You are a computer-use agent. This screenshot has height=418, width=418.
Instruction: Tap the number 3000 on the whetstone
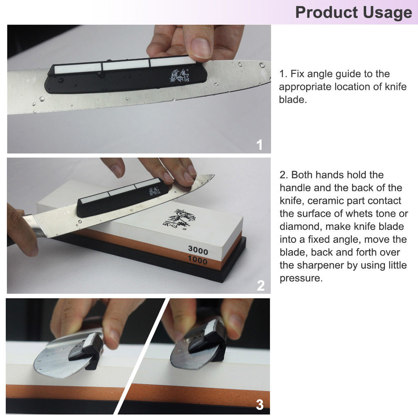click(x=198, y=250)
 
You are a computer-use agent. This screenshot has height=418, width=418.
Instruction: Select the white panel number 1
click(x=259, y=145)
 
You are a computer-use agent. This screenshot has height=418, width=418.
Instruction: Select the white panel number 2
click(x=261, y=285)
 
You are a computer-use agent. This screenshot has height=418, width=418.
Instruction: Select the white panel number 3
click(x=260, y=405)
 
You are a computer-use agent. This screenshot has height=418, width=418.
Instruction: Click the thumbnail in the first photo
click(x=201, y=48)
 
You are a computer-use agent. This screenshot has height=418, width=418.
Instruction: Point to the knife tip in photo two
click(x=214, y=175)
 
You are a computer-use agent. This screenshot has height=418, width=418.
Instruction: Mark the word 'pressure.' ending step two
click(x=301, y=278)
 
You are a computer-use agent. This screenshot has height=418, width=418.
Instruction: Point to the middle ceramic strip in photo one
click(x=126, y=65)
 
